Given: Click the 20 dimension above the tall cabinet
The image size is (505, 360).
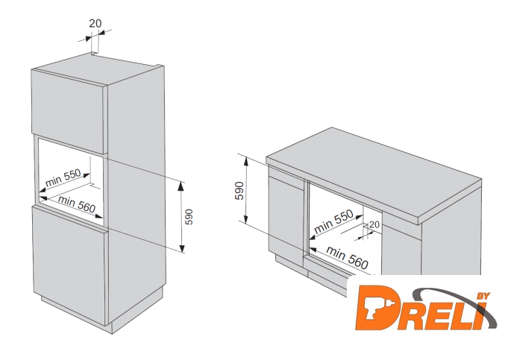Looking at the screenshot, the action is (x=95, y=24).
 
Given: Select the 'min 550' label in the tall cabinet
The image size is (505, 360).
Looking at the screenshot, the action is (x=63, y=177).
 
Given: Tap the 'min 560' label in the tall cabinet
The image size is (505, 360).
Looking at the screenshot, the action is (x=77, y=205).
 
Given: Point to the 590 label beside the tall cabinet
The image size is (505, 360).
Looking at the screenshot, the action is (x=189, y=217).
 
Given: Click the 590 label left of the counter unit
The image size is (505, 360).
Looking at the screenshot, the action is (x=239, y=191).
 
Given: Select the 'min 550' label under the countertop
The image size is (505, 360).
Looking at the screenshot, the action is (x=333, y=221).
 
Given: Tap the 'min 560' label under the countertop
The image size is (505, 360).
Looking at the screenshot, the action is (x=347, y=257).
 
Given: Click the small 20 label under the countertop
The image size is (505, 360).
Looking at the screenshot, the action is (x=374, y=224).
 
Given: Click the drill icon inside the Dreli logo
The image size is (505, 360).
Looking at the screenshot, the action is (x=375, y=309).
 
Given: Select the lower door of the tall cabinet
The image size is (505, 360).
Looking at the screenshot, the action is (x=69, y=264).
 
